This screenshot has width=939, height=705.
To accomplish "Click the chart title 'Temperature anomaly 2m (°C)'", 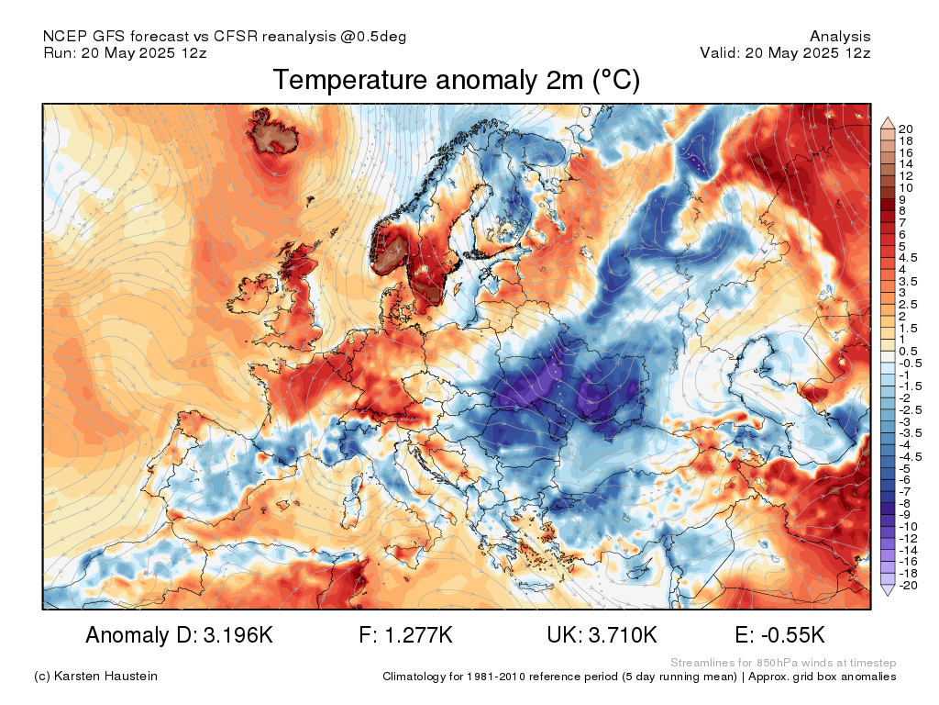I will (x=456, y=81).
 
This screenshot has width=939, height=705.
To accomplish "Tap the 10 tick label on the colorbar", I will (x=906, y=187).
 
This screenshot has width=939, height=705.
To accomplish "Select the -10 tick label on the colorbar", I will (x=908, y=526).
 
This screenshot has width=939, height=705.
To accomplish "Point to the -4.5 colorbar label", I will (x=911, y=456).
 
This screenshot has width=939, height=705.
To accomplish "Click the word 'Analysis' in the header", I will (x=840, y=37).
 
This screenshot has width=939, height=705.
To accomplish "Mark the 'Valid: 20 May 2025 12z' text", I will (x=785, y=52).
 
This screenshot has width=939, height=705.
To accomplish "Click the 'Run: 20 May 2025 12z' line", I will (x=125, y=52).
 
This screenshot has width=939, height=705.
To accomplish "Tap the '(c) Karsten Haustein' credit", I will (x=95, y=677).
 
